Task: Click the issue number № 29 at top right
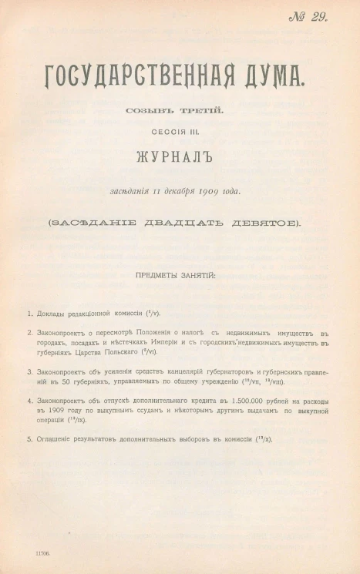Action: (x=308, y=18)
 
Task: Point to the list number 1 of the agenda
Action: (x=29, y=314)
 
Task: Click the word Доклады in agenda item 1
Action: (x=52, y=314)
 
